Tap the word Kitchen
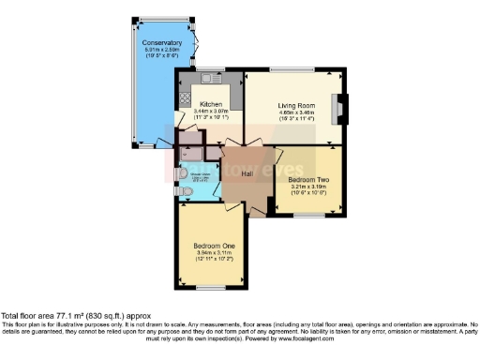click(x=210, y=104)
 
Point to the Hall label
click(x=247, y=173)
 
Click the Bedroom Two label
click(x=307, y=179)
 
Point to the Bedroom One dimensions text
click(x=209, y=255)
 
